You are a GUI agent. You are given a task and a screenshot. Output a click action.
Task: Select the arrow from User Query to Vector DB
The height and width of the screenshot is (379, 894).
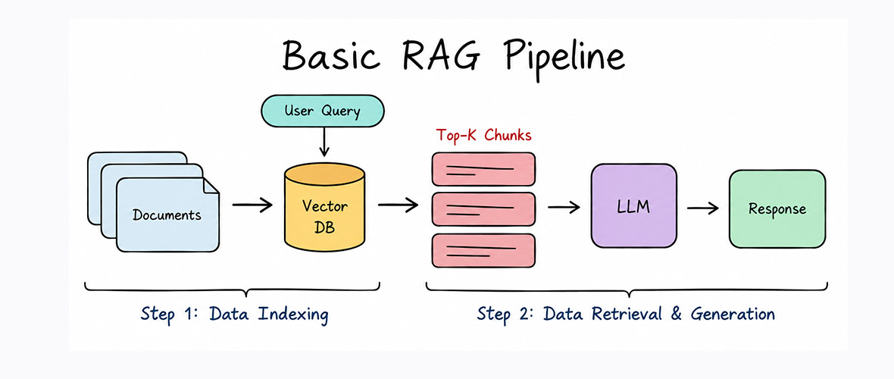tap(324, 143)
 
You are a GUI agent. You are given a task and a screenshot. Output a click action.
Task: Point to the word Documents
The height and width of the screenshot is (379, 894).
tap(167, 215)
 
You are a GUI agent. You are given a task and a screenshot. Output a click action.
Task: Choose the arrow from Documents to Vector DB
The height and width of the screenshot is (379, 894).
tap(252, 205)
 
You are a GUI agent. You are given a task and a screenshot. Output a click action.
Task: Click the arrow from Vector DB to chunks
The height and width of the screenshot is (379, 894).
tap(398, 205)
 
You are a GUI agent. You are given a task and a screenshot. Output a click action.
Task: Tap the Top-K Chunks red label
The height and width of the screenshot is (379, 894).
tap(483, 136)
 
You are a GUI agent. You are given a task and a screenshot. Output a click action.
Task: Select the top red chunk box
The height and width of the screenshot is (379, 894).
tap(483, 169)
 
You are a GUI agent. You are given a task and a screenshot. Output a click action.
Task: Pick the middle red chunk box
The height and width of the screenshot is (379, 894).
tap(483, 209)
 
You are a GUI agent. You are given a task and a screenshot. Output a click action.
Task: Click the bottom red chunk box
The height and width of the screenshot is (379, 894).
tap(483, 251)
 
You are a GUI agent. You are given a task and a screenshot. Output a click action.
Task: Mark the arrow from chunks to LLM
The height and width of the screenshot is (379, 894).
tap(564, 207)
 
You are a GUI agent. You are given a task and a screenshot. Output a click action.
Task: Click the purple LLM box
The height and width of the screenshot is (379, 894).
tap(633, 206)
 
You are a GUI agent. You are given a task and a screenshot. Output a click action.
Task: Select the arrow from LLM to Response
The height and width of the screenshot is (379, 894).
tap(703, 208)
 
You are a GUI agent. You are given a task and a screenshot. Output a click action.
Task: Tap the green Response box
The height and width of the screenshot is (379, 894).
tap(777, 209)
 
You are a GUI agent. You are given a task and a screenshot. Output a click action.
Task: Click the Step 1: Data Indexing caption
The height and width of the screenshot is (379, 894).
tap(234, 315)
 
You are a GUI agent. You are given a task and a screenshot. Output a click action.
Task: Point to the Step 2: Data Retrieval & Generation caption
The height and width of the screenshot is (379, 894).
tap(626, 314)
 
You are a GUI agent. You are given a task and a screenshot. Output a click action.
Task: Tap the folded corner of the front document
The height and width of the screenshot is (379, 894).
tap(211, 186)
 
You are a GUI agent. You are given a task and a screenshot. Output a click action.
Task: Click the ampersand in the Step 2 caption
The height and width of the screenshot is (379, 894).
tap(677, 313)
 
